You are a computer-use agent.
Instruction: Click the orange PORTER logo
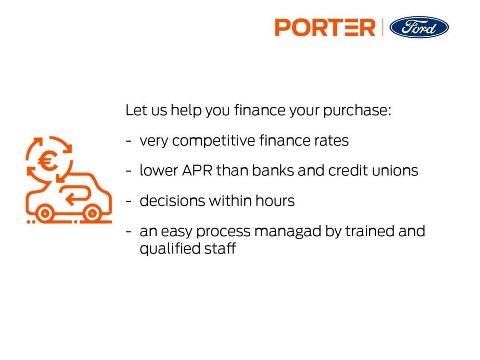click(x=325, y=27)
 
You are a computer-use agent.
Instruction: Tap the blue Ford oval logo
click(x=419, y=27)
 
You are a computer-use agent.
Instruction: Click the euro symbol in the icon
click(x=48, y=163)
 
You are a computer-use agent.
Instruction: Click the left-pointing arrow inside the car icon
click(x=76, y=197)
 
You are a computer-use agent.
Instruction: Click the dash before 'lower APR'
click(x=129, y=171)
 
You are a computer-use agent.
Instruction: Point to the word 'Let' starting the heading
click(x=136, y=110)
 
